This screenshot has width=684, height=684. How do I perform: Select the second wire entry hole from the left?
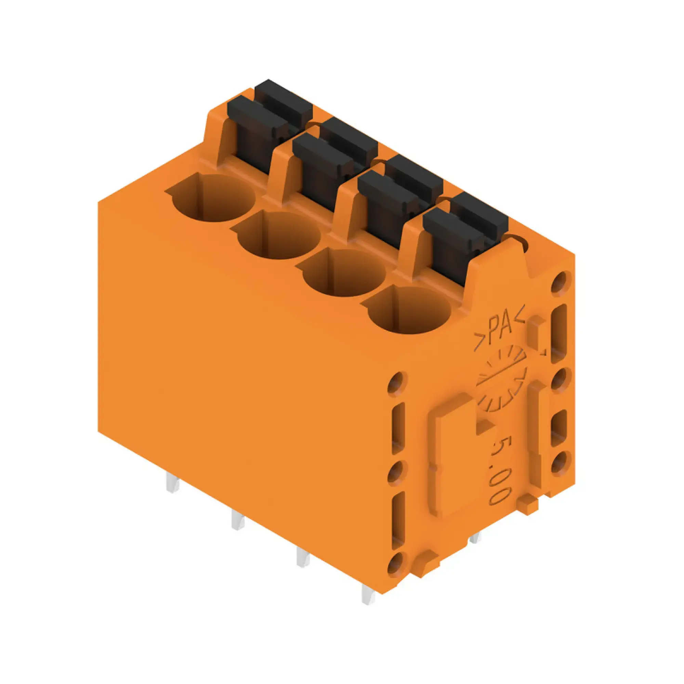coord(278,237)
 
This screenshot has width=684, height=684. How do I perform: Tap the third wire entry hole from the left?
coord(343,273)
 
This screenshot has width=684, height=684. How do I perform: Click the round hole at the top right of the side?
coord(561,283)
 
